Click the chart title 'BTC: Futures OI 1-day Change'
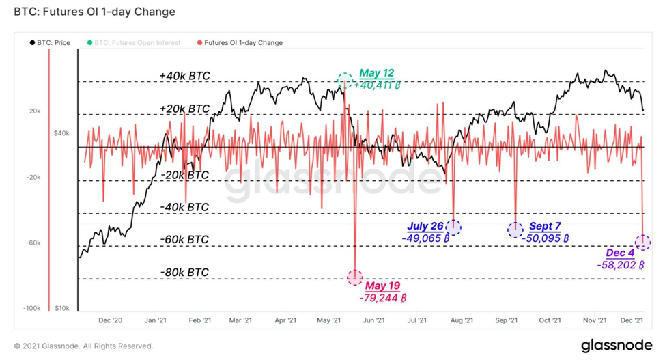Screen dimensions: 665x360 point(95,12)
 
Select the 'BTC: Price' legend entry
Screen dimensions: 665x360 point(50,42)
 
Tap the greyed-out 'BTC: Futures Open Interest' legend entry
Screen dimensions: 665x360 point(134,42)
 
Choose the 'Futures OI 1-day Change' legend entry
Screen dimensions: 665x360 point(240,42)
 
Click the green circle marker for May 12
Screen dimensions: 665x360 point(345,80)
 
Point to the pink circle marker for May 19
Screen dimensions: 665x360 point(355,277)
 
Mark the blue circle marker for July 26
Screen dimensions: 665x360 point(453,227)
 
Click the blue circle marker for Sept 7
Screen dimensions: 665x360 point(515,230)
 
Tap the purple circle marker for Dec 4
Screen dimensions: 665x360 point(643,243)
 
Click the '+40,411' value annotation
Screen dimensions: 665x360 point(378,85)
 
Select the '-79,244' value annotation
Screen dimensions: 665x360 point(382,298)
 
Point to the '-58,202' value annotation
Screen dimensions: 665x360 point(621,265)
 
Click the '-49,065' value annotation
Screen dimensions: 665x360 point(425,238)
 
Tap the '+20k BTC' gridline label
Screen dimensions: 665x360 point(184,109)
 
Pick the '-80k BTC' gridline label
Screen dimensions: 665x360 point(184,272)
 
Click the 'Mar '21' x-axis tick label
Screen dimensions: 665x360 point(240,320)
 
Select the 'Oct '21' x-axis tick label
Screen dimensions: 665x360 point(550,320)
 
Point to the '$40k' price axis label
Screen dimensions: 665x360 point(61,133)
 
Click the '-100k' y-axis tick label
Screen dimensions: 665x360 point(32,308)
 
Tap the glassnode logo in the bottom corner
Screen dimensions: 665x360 point(617,345)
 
